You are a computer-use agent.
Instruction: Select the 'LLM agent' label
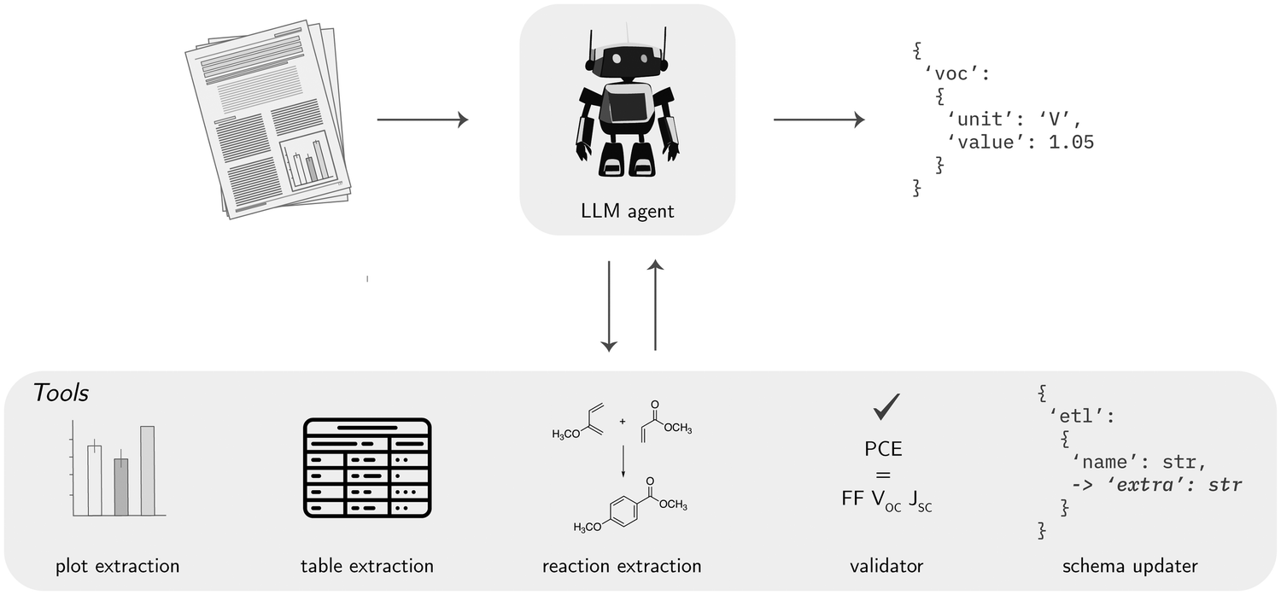(627, 211)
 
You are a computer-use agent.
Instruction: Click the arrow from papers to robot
(423, 120)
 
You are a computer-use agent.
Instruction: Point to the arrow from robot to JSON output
(819, 120)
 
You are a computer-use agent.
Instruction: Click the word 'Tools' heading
(61, 394)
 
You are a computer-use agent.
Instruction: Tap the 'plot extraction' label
(118, 565)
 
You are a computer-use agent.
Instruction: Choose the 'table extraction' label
(367, 565)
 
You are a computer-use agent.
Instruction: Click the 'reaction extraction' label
(622, 565)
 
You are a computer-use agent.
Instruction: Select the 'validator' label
(886, 565)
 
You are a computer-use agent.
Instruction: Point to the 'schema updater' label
(1130, 565)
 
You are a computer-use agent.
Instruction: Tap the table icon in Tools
(368, 468)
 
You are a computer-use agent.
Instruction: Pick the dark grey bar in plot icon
(121, 486)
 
